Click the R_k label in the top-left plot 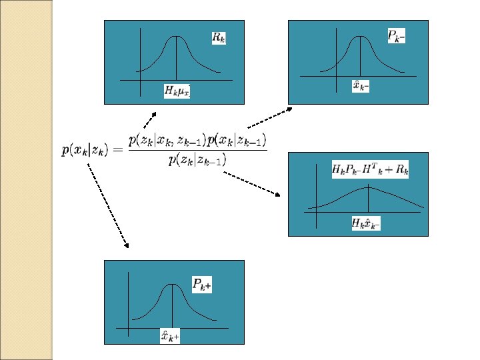(219, 37)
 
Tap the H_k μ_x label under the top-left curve (177, 90)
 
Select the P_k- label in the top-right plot (396, 36)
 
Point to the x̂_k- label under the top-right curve (361, 86)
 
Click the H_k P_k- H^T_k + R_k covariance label (370, 169)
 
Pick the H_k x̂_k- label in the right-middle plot (366, 223)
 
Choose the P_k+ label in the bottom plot (202, 285)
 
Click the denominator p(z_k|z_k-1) (197, 161)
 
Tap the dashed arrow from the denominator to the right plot (252, 183)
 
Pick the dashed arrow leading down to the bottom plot (107, 206)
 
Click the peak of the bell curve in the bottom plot (173, 285)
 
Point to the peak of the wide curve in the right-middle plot (368, 187)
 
